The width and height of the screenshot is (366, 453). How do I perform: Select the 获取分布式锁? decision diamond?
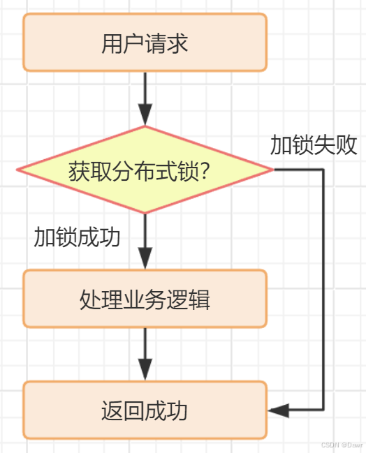(x=145, y=170)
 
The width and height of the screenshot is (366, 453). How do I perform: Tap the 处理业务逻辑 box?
(x=145, y=299)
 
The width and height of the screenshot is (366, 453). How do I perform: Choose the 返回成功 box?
(x=145, y=410)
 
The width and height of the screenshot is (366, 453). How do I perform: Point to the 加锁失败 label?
(x=314, y=145)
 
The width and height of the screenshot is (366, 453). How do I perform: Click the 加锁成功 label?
(x=77, y=237)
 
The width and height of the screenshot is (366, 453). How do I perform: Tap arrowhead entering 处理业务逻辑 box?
(x=145, y=260)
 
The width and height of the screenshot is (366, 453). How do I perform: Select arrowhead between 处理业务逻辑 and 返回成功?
(x=145, y=371)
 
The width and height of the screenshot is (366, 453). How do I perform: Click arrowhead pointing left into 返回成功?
(x=278, y=410)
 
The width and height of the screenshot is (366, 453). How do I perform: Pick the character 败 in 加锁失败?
(x=347, y=145)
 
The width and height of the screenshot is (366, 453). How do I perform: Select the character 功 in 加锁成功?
(x=110, y=237)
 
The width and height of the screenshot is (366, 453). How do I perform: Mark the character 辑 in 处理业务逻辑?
(x=200, y=299)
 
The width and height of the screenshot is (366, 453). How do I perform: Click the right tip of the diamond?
(x=272, y=170)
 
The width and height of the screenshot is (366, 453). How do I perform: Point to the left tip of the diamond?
(x=17, y=170)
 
